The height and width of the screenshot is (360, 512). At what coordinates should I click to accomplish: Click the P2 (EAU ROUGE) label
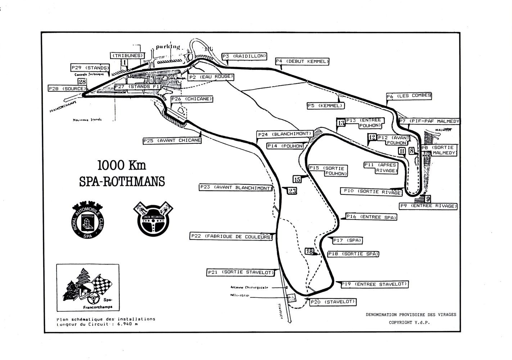[212, 77]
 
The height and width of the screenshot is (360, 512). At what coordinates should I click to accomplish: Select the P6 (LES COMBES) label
[409, 96]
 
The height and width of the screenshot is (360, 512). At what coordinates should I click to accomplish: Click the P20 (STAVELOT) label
[332, 302]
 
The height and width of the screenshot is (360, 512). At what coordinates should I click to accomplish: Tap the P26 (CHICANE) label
[192, 99]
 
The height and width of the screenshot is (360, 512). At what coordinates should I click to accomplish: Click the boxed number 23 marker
[292, 191]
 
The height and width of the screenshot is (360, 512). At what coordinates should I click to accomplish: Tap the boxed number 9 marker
[427, 199]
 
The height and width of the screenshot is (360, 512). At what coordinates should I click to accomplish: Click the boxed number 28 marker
[82, 82]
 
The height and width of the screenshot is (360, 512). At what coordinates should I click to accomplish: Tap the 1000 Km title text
[121, 165]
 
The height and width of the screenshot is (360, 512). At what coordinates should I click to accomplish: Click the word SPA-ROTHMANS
[122, 181]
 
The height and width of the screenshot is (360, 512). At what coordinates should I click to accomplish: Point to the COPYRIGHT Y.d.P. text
[409, 323]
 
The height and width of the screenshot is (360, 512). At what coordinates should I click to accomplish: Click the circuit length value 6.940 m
[126, 324]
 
